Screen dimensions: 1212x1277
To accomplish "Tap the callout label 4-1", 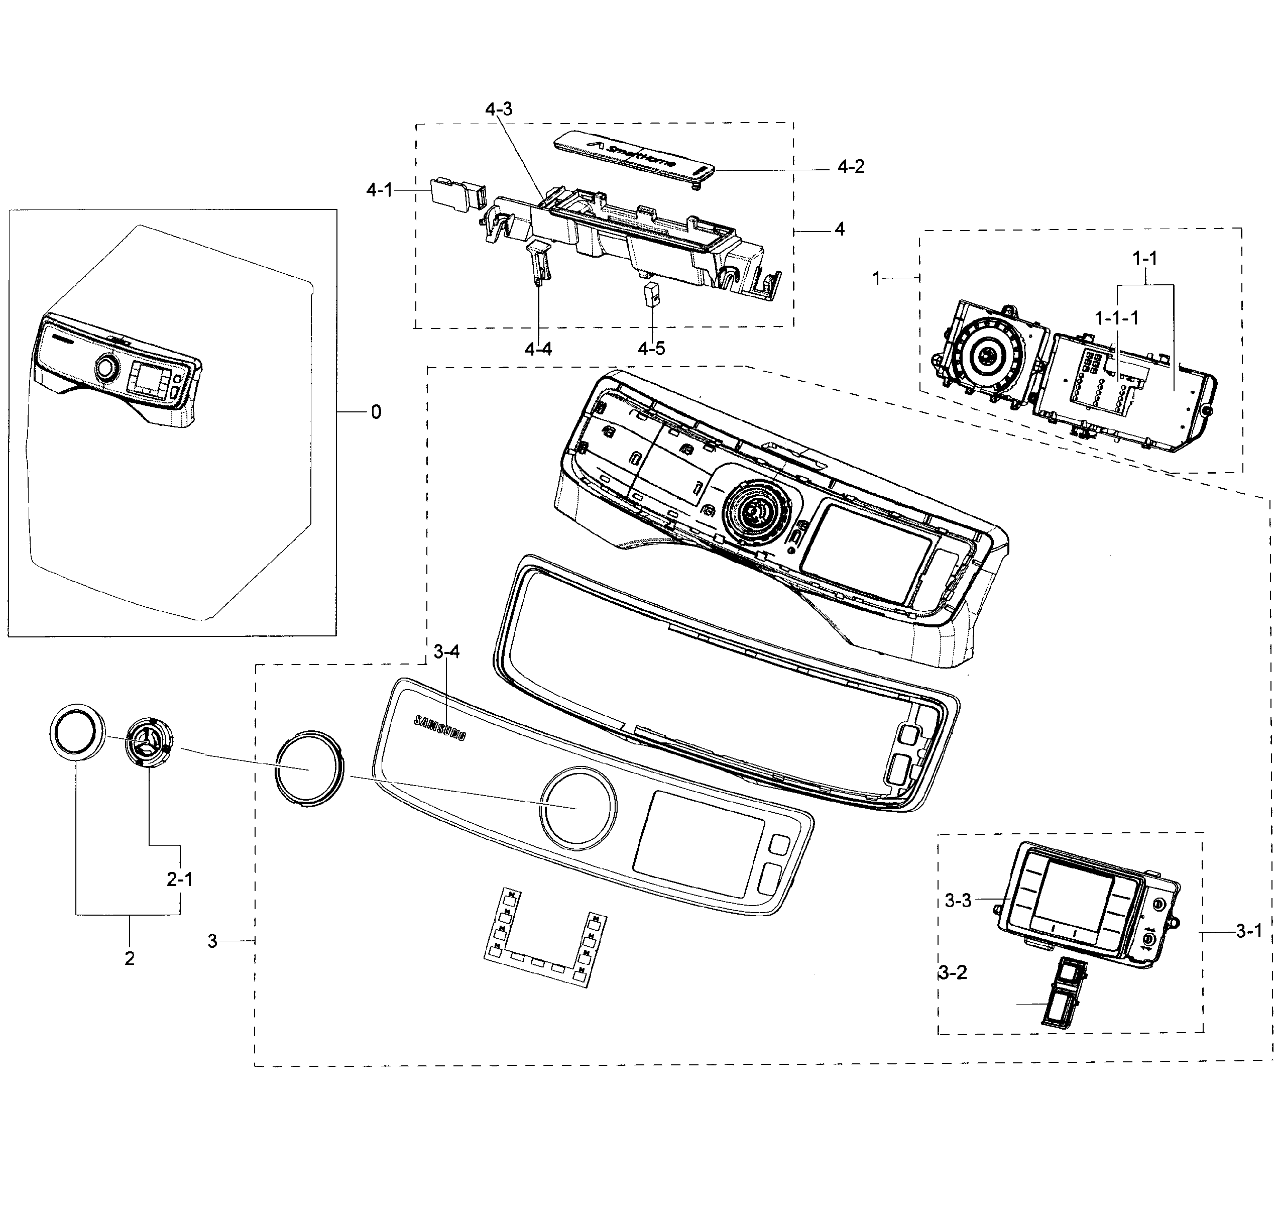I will coord(379,190).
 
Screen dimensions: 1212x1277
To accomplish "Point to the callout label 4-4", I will coord(538,349).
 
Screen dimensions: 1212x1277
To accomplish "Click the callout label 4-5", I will coord(651,349).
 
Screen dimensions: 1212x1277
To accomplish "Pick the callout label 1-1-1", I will coord(1116,318).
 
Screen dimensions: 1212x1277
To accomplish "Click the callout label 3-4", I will coord(446,652).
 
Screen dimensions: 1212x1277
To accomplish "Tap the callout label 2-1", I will coord(180,879).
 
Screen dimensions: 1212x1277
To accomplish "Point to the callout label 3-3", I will coord(958,901).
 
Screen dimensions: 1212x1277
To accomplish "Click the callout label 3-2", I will coord(953,972).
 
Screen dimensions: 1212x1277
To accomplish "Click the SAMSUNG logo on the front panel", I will coord(439,727).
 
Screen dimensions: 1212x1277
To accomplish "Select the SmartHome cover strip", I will coord(636,158).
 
